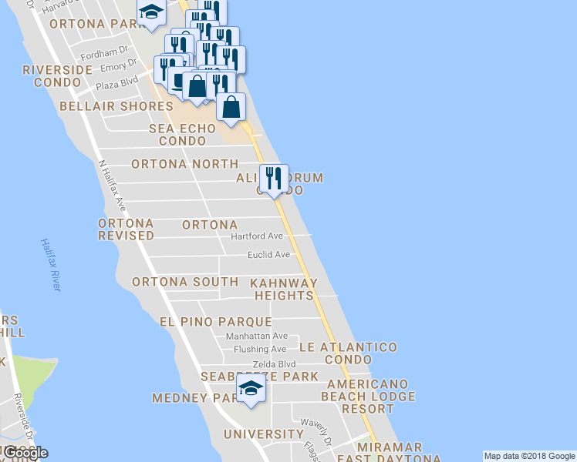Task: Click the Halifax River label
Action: (x=50, y=264)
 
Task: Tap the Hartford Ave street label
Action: (x=257, y=236)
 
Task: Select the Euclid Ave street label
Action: (x=268, y=255)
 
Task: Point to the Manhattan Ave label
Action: (x=256, y=336)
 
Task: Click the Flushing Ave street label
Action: (x=260, y=350)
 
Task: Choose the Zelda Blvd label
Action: (x=274, y=364)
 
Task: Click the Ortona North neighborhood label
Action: (x=184, y=164)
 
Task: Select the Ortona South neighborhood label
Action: (x=185, y=282)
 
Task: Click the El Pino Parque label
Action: (x=215, y=321)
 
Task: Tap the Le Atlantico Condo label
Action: (x=348, y=353)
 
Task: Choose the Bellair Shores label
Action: (x=116, y=106)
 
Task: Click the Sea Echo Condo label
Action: (x=182, y=135)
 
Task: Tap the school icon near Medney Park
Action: (x=251, y=389)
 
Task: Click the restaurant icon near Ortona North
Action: (x=273, y=179)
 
